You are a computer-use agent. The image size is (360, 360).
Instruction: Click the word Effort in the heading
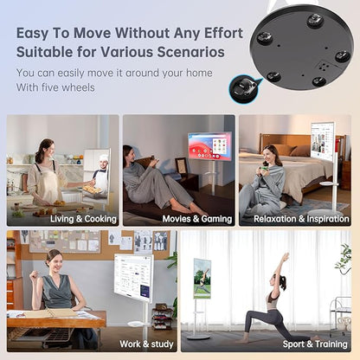pyautogui.click(x=223, y=33)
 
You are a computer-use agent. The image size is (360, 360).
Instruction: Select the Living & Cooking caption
pyautogui.click(x=83, y=219)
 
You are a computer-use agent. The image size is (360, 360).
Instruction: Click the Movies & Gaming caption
pyautogui.click(x=197, y=219)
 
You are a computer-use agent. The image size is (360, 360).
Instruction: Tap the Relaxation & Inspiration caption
pyautogui.click(x=301, y=219)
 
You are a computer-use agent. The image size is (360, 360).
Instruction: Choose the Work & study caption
pyautogui.click(x=146, y=344)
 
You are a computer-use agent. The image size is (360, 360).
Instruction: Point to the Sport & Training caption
pyautogui.click(x=315, y=344)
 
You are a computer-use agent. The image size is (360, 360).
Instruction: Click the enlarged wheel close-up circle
pyautogui.click(x=244, y=88)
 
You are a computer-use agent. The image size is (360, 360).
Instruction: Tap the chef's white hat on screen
pyautogui.click(x=104, y=158)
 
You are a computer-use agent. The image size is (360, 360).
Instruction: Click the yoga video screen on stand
pyautogui.click(x=202, y=279)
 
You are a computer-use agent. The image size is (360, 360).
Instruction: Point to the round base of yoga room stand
pyautogui.click(x=198, y=337)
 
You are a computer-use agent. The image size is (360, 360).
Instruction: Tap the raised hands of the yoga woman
pyautogui.click(x=286, y=256)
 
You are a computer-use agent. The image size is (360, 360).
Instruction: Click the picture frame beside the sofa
pyautogui.click(x=181, y=165)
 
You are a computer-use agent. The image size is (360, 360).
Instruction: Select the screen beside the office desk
pyautogui.click(x=133, y=274)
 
